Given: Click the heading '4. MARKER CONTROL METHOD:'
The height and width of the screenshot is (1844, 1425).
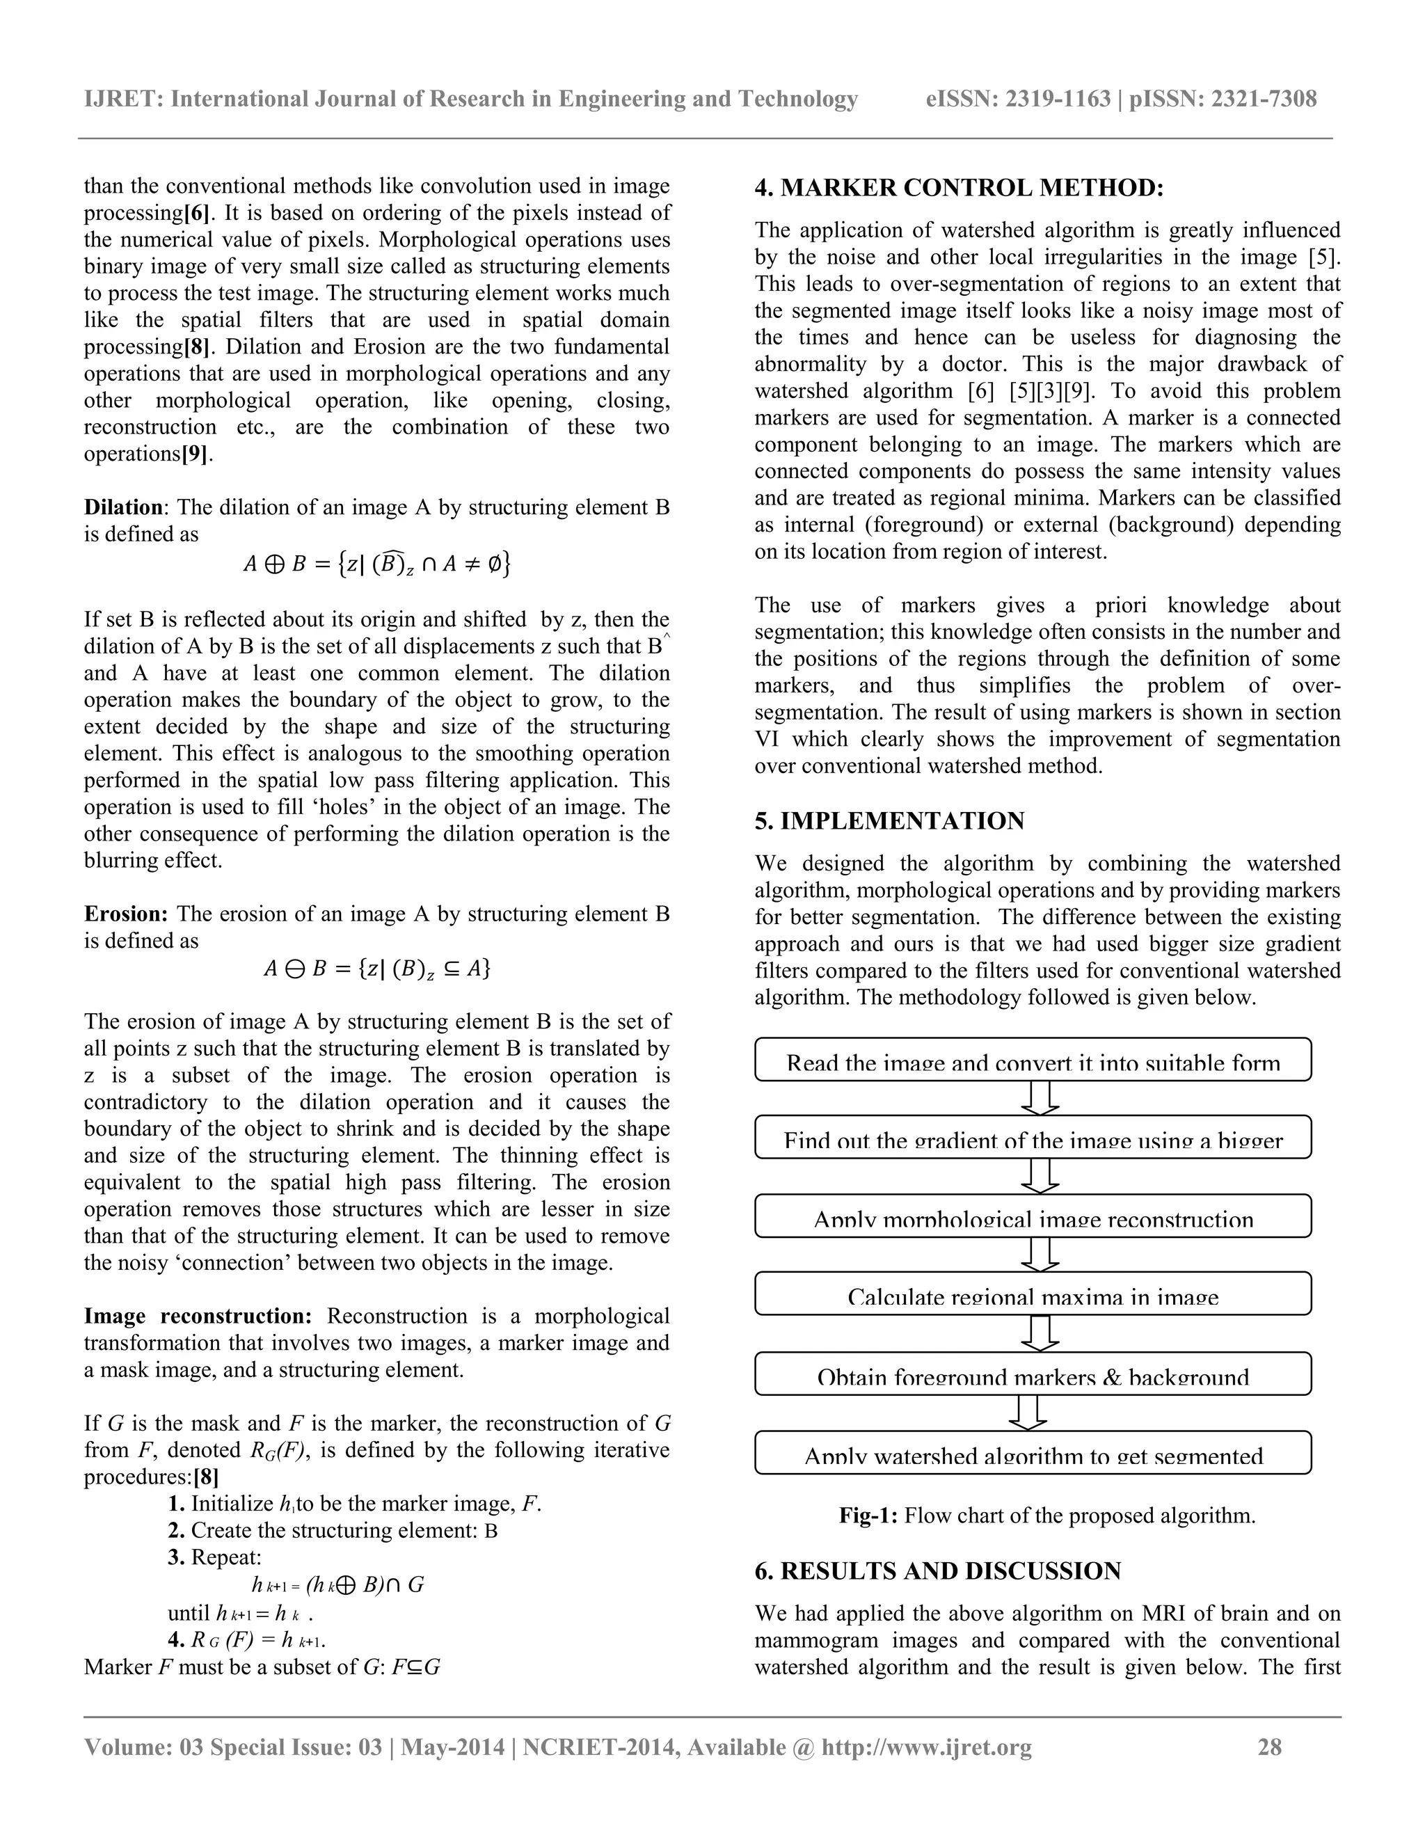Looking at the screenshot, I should pos(959,189).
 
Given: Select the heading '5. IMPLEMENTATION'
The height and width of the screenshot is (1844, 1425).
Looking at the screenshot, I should pos(890,820).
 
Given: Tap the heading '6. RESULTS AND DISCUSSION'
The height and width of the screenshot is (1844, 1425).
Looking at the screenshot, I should pos(937,1571).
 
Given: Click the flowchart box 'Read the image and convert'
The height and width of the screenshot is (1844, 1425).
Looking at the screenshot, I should pos(1033,1060).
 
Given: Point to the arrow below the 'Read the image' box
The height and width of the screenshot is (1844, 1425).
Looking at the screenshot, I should pos(1040,1097).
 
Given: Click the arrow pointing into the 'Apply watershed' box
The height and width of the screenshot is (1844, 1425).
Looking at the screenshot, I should pos(1028,1413).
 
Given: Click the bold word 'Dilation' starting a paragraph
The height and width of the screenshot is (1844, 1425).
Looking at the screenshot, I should pos(123,507).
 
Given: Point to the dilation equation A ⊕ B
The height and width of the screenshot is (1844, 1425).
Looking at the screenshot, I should pos(376,563).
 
